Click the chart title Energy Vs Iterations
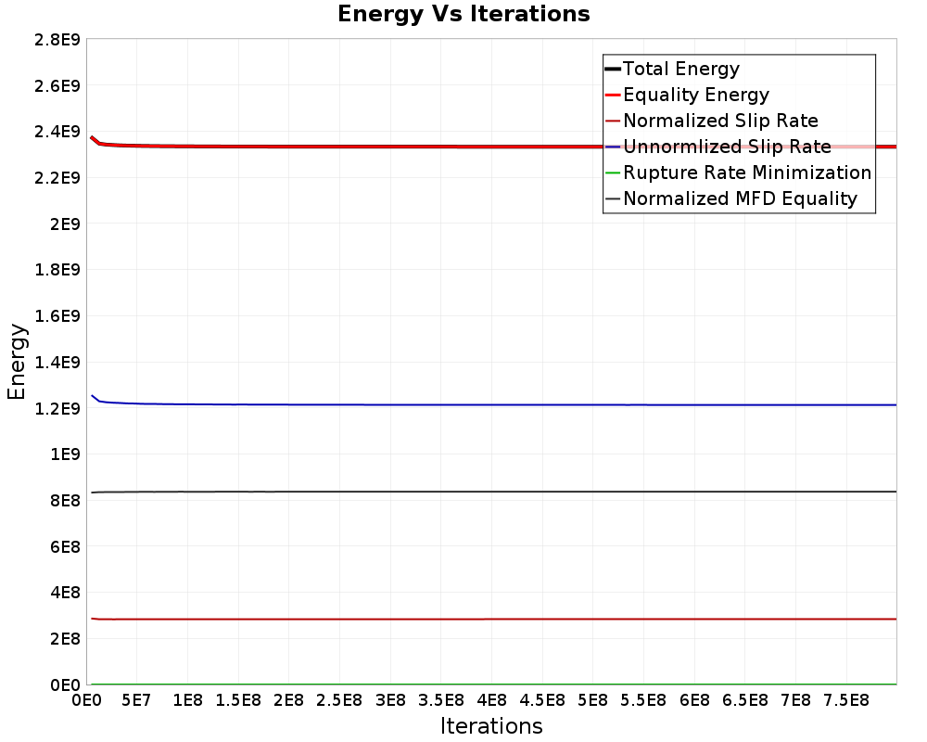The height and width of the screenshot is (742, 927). [x=463, y=14]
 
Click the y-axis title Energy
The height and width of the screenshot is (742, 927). [x=16, y=361]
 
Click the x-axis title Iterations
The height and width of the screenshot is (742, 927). [x=491, y=725]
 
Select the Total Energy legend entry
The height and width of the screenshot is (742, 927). [x=680, y=69]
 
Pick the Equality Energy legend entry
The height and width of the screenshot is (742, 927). [x=695, y=95]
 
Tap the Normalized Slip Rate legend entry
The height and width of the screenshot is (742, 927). [x=720, y=121]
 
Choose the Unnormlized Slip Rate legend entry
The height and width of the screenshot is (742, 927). [x=727, y=147]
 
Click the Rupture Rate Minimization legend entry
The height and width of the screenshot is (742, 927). [x=746, y=173]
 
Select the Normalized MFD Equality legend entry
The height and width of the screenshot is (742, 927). [x=740, y=198]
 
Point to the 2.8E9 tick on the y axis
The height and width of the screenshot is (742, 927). [x=52, y=39]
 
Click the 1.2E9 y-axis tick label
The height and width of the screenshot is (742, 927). [x=52, y=408]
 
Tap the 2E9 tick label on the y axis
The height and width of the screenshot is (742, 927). [x=61, y=224]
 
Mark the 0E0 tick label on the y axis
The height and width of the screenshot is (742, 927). [x=61, y=685]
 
